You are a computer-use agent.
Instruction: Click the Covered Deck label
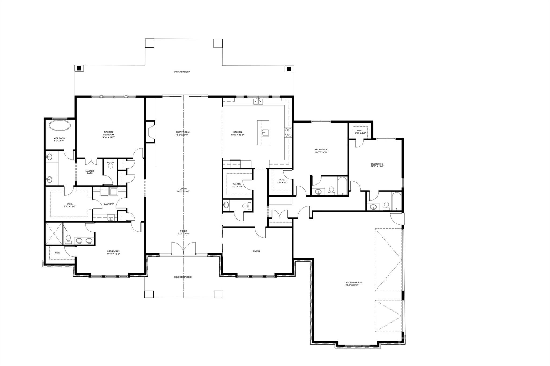[x=182, y=72]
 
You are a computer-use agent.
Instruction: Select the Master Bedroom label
[x=109, y=135]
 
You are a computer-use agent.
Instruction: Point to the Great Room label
[x=182, y=134]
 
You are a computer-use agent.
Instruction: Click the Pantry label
[x=237, y=185]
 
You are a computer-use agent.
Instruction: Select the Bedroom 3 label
[x=377, y=165]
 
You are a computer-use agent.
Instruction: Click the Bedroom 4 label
[x=321, y=151]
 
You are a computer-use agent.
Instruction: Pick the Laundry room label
[x=109, y=204]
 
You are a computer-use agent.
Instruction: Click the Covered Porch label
[x=183, y=277]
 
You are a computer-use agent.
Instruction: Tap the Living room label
[x=256, y=251]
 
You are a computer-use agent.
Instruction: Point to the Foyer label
[x=184, y=232]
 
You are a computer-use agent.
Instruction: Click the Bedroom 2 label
[x=113, y=253]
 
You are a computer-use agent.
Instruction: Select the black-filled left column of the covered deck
[x=79, y=68]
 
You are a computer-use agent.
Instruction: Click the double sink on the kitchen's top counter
[x=258, y=101]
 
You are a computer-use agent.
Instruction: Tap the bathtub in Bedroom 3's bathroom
[x=396, y=201]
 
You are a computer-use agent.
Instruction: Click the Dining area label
[x=183, y=190]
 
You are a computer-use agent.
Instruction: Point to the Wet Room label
[x=59, y=139]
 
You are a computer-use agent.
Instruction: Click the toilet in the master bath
[x=110, y=164]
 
